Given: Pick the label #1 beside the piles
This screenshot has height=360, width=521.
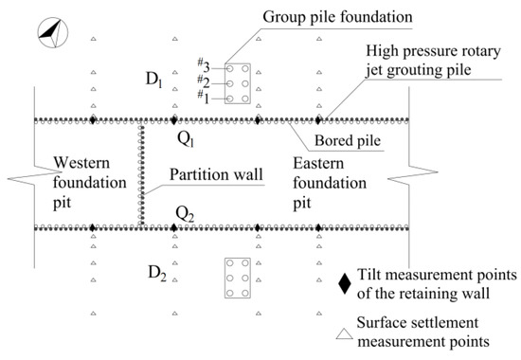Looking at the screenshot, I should click(203, 97).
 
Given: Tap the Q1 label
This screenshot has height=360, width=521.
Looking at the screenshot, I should click(188, 138).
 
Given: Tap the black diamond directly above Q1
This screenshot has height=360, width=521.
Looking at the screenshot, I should click(173, 120).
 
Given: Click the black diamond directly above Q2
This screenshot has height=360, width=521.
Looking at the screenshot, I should click(173, 228).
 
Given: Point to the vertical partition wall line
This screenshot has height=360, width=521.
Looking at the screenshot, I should click(142, 174).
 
